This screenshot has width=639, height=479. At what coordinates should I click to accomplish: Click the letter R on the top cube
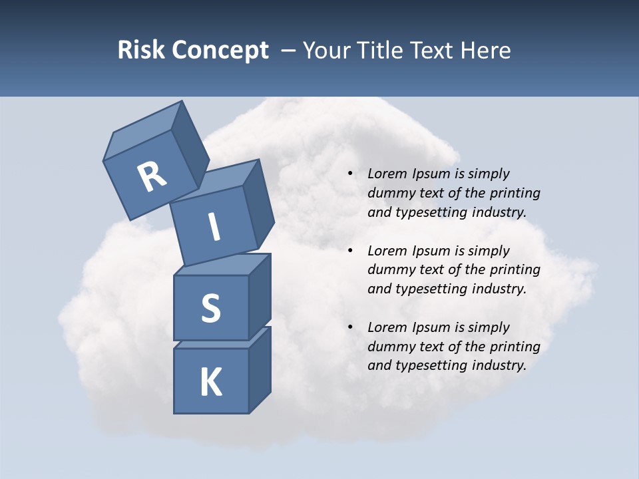pyautogui.click(x=152, y=177)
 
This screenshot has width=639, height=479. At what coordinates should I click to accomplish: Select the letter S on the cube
pyautogui.click(x=210, y=308)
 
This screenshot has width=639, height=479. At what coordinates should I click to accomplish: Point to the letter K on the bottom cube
pyautogui.click(x=210, y=383)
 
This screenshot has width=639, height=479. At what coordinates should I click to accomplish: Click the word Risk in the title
pyautogui.click(x=141, y=50)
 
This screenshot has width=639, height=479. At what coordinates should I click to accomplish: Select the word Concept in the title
pyautogui.click(x=220, y=50)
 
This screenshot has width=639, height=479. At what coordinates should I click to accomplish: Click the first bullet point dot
pyautogui.click(x=350, y=174)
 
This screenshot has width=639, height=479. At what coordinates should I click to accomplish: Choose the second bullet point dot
pyautogui.click(x=350, y=251)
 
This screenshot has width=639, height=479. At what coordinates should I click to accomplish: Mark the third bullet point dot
pyautogui.click(x=350, y=328)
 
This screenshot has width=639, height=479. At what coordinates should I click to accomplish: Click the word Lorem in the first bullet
pyautogui.click(x=387, y=174)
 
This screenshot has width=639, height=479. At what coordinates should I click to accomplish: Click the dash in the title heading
pyautogui.click(x=289, y=51)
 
